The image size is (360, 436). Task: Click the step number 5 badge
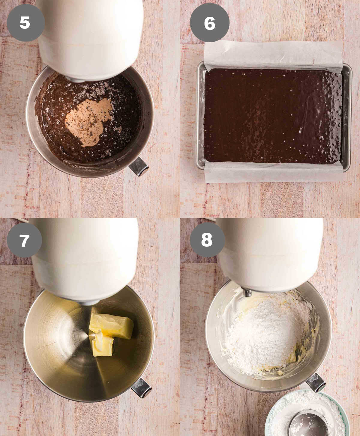tap(25, 23)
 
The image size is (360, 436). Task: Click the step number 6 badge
tap(209, 23)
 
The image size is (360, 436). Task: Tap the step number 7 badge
tap(24, 240)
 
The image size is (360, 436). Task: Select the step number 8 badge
tap(207, 240)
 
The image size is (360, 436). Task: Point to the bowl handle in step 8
tap(316, 382)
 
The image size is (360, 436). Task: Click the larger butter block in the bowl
tap(112, 325)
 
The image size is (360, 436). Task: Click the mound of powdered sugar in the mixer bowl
tap(267, 333)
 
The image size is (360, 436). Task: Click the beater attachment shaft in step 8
tap(247, 292)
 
